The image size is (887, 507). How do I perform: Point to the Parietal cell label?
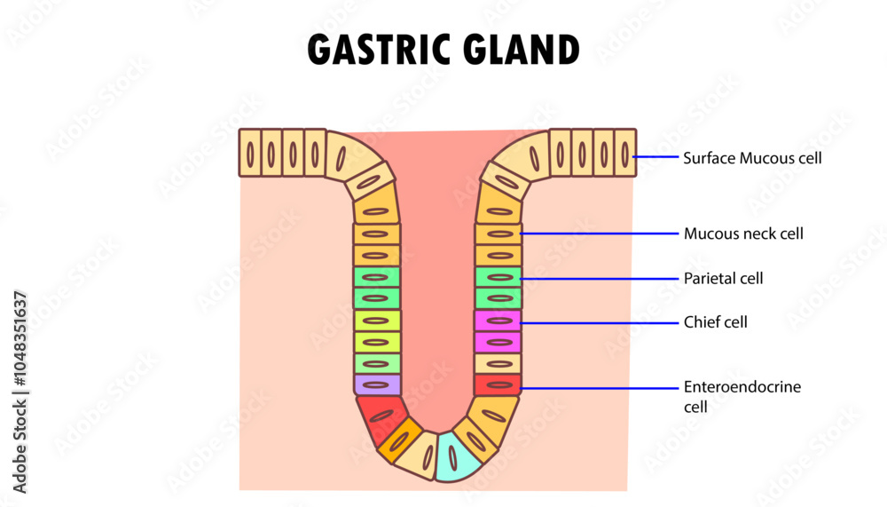(723, 279)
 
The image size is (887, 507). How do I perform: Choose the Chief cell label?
(715, 322)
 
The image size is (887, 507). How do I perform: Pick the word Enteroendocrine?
(742, 387)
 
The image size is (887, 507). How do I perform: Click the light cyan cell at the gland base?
(453, 456)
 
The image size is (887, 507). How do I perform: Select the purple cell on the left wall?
(378, 384)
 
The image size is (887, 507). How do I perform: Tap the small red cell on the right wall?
(498, 384)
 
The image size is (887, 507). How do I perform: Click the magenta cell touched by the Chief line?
(498, 321)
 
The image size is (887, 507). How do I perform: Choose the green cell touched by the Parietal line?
(498, 277)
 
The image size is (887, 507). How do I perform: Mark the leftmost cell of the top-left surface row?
(250, 153)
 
